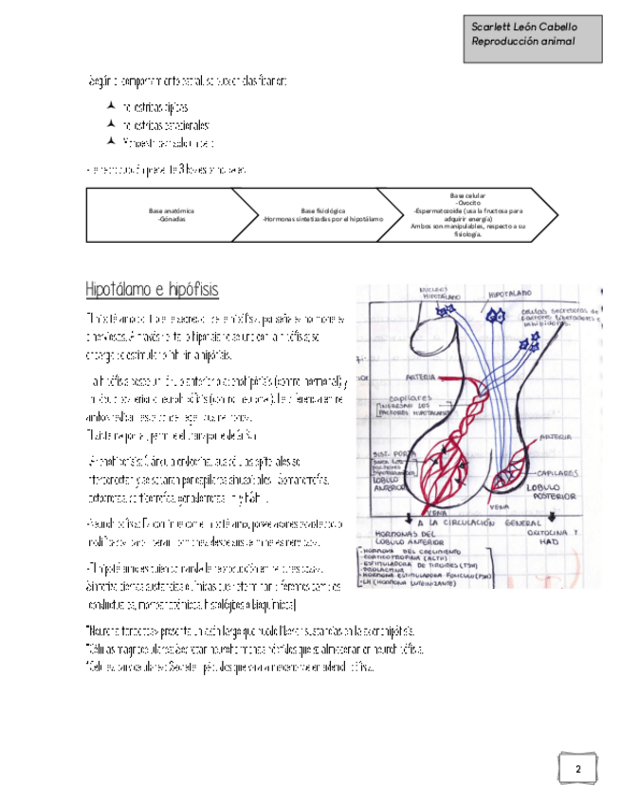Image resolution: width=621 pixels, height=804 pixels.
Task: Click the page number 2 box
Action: coord(577,768)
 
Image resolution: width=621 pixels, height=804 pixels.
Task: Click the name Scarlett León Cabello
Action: coord(523,27)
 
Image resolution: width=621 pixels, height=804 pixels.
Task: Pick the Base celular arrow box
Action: coord(468,214)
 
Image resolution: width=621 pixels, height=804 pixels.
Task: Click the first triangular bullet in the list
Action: coord(112,106)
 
